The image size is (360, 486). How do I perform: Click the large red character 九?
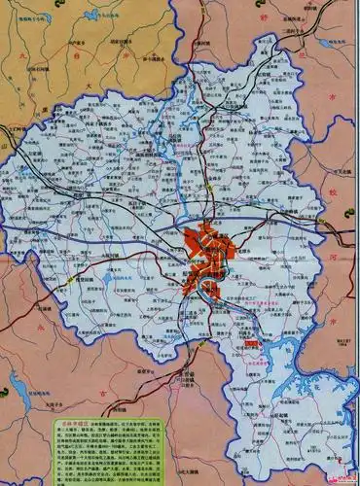pyautogui.click(x=21, y=57)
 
